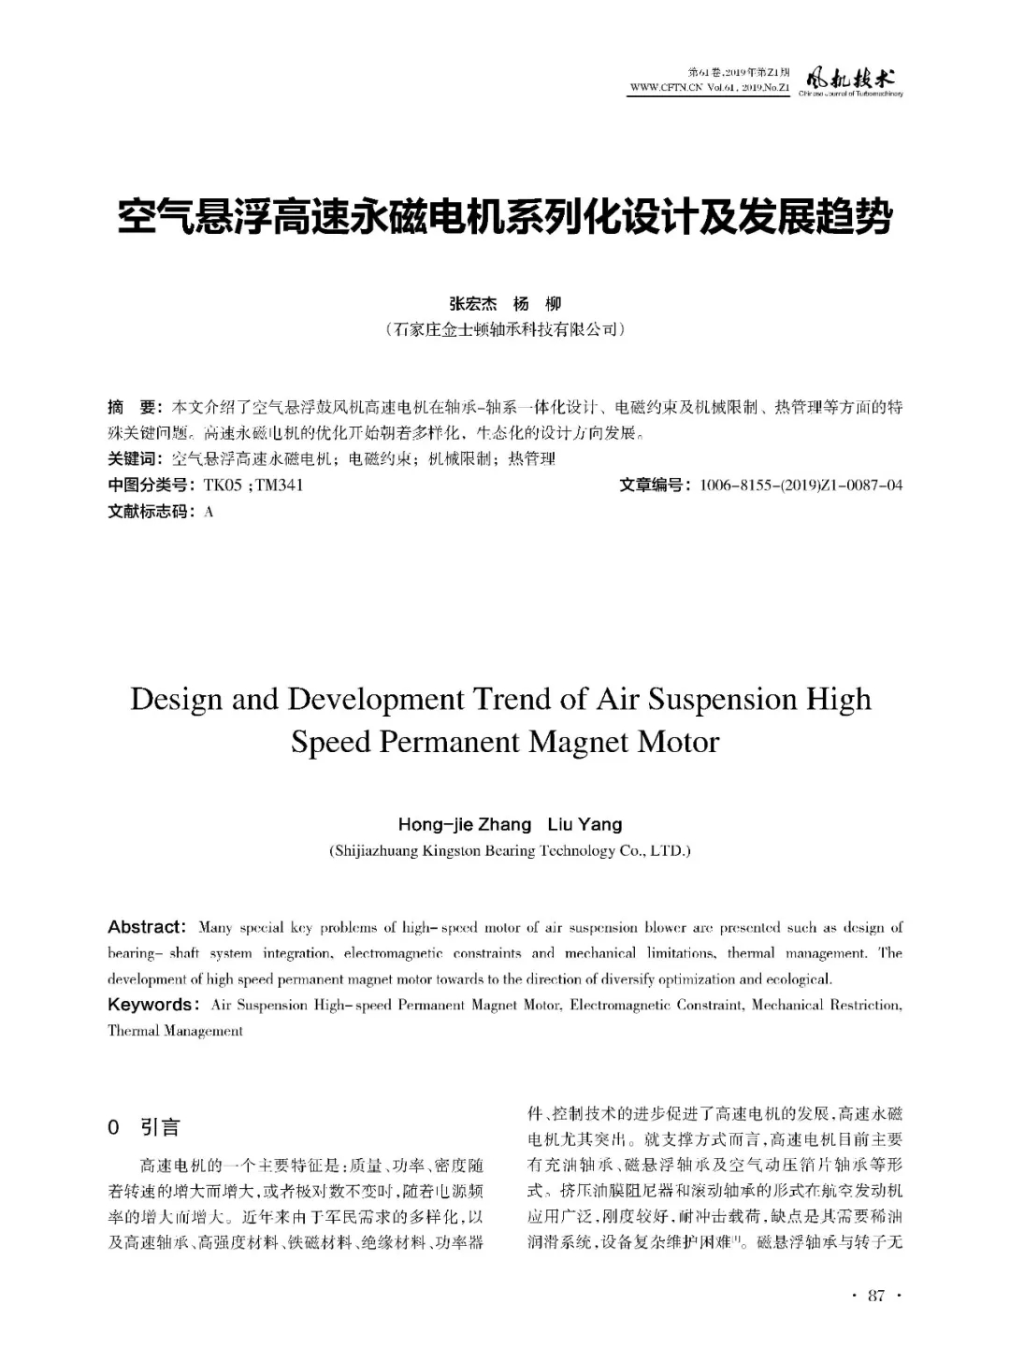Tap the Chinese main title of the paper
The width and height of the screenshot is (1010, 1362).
505,218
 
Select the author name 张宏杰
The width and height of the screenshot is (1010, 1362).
472,304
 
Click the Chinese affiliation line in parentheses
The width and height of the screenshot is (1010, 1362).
505,330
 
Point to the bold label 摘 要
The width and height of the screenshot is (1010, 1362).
134,408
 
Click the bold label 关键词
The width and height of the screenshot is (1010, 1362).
134,459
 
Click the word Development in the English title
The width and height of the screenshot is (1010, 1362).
370,700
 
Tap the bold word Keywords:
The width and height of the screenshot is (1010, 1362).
152,1006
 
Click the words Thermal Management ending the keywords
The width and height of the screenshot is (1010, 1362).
175,1031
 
